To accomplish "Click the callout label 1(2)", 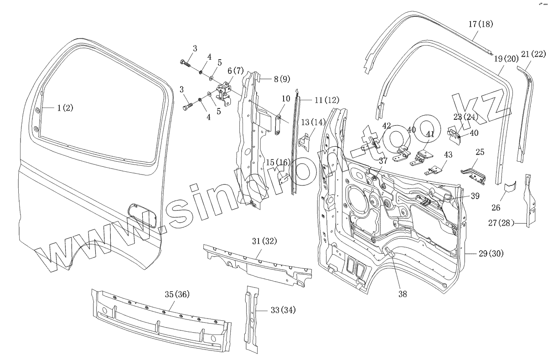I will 65,108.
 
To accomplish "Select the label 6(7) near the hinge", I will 236,71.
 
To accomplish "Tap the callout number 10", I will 285,98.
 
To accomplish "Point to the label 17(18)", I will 480,24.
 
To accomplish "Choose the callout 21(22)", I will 533,54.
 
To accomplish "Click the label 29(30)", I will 491,253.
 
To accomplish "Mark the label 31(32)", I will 264,241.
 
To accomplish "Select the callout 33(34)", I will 283,310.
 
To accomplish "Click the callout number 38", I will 402,294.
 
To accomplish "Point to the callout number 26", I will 496,208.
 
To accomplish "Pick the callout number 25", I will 480,152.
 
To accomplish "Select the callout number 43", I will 448,155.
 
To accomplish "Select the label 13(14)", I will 313,122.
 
